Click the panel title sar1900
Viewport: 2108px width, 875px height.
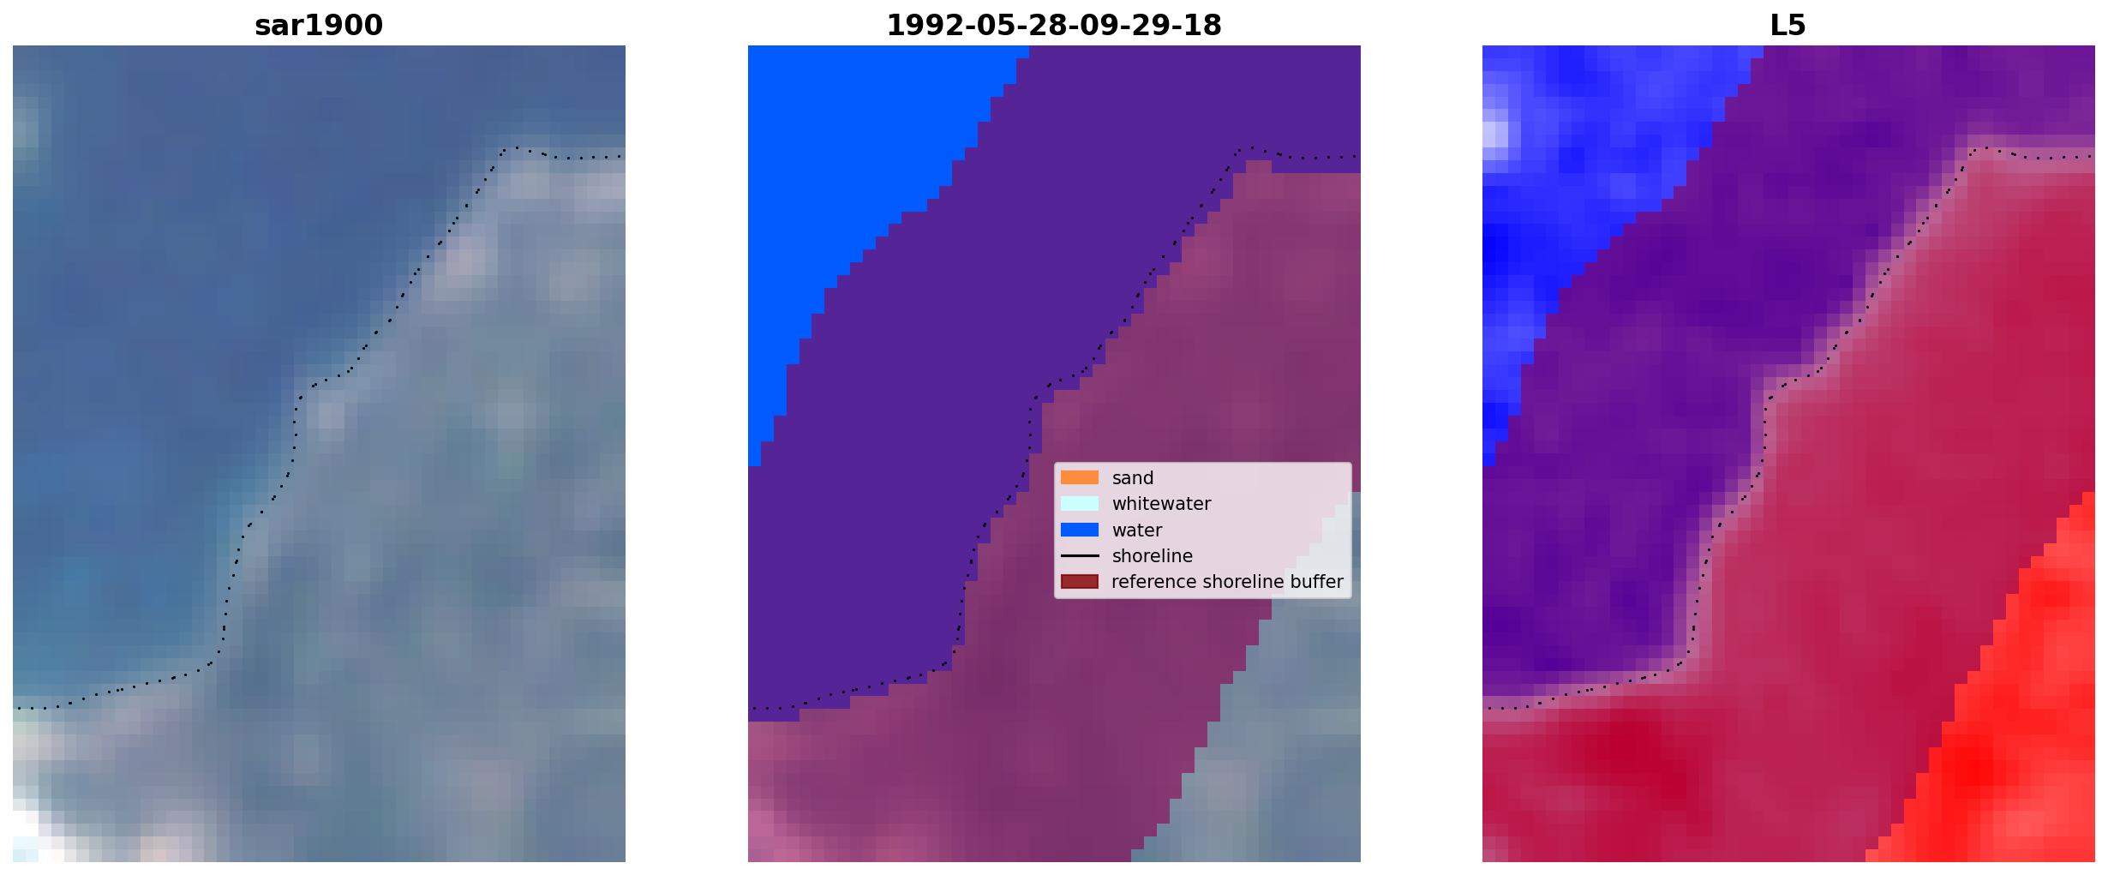[x=319, y=26]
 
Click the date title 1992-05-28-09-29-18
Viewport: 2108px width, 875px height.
[x=1054, y=26]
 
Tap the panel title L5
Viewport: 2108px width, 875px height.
[x=1788, y=26]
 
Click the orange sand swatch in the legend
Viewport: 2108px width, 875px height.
[x=1080, y=477]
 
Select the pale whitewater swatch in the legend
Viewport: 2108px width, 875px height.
[x=1080, y=503]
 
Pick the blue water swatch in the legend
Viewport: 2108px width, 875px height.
[x=1080, y=530]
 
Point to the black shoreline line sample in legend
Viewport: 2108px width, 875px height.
[x=1080, y=555]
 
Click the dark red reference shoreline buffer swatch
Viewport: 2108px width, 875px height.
[x=1080, y=582]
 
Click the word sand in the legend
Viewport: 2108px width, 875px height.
[x=1133, y=478]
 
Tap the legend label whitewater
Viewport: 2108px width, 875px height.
[x=1161, y=504]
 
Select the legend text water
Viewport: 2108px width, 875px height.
[x=1137, y=530]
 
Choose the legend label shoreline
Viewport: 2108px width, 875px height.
[x=1153, y=556]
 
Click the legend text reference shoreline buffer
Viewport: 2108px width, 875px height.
[x=1227, y=582]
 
